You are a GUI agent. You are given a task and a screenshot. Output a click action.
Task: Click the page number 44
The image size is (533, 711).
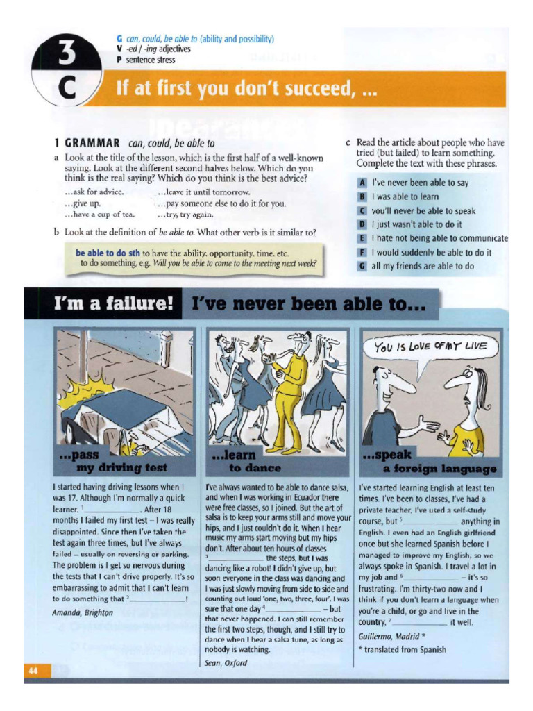[x=33, y=671]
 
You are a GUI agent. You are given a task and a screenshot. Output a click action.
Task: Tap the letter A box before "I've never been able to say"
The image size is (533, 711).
[x=362, y=183]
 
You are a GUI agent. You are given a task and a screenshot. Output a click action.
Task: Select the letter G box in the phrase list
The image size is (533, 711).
[x=362, y=266]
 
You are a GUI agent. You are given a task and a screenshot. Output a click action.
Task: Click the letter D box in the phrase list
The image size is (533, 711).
[x=362, y=224]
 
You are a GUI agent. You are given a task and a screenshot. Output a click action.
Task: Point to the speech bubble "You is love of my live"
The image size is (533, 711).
[x=428, y=346]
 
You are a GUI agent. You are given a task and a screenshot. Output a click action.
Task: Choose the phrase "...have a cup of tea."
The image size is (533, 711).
[x=99, y=215]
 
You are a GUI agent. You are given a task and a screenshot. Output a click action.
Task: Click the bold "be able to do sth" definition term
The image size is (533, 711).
[x=108, y=253]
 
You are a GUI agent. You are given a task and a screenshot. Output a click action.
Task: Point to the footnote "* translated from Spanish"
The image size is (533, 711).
[x=402, y=650]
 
